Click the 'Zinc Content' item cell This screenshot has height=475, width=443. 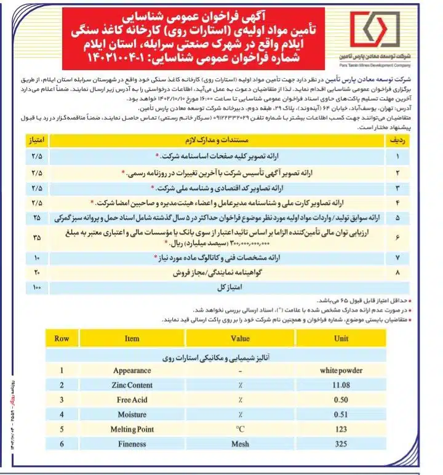(x=132, y=385)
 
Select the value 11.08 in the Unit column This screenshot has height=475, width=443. (x=340, y=385)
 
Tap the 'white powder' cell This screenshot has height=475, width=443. (x=340, y=370)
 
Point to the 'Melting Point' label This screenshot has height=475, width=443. (x=132, y=428)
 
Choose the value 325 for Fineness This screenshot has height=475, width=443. (x=340, y=443)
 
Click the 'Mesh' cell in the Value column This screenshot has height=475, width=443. (x=240, y=443)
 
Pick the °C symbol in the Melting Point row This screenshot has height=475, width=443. (x=240, y=428)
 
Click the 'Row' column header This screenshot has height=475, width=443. (x=62, y=338)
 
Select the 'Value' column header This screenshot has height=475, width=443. (x=240, y=338)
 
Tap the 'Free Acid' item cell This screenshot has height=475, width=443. (x=132, y=399)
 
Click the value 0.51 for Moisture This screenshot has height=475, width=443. (x=340, y=414)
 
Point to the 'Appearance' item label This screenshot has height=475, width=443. (x=132, y=370)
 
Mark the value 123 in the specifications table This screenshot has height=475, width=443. (x=340, y=428)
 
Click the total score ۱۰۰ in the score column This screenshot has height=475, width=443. (x=37, y=287)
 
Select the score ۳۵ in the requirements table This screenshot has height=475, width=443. (x=37, y=237)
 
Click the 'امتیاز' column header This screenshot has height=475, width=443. (x=37, y=142)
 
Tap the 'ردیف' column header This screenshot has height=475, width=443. (x=397, y=142)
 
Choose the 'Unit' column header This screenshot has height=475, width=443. (x=340, y=338)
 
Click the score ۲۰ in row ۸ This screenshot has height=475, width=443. (x=37, y=271)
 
